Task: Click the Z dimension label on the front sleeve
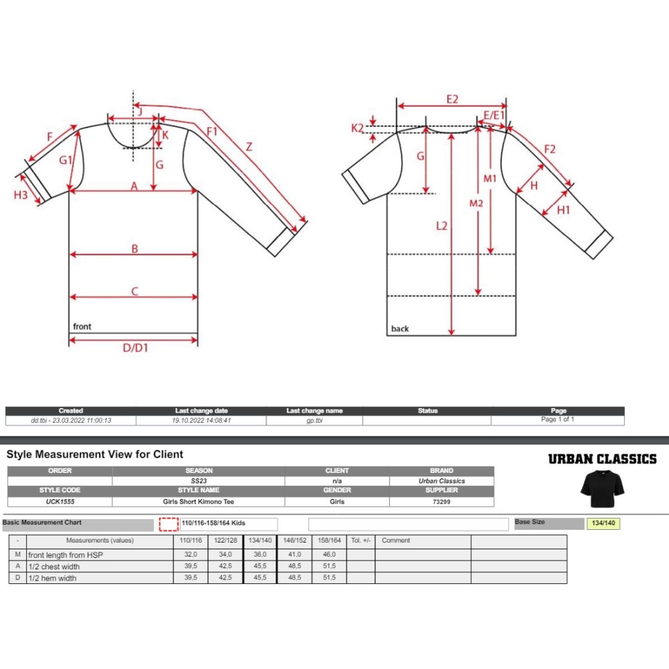[249, 147]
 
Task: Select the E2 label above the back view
[452, 99]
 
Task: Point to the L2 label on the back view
[441, 226]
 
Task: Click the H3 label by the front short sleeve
[21, 195]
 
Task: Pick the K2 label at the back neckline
[357, 128]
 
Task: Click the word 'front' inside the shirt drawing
[82, 326]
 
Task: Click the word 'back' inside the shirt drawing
[400, 328]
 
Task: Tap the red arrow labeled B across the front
[134, 254]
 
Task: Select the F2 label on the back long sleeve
[549, 149]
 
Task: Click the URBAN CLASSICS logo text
[602, 459]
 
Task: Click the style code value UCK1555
[60, 501]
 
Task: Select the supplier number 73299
[442, 501]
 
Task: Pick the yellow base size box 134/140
[603, 524]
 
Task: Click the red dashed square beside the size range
[169, 524]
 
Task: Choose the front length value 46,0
[329, 555]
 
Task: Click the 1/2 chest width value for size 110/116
[190, 567]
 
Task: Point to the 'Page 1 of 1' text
[558, 419]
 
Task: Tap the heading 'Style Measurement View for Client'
[95, 454]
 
